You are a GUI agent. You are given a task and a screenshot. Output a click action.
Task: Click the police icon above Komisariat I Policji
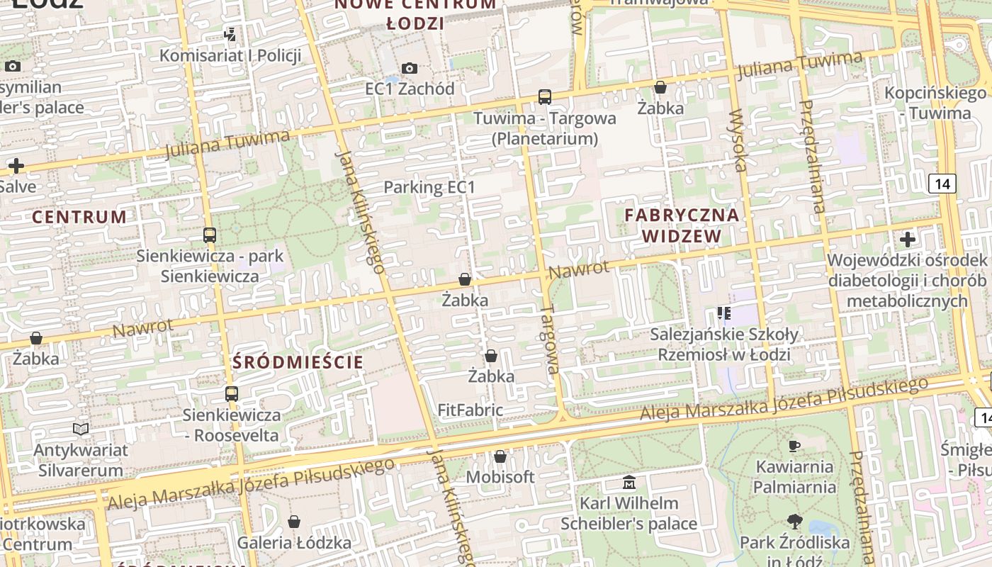(x=230, y=34)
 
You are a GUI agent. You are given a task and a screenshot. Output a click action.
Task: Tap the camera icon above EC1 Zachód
(x=410, y=69)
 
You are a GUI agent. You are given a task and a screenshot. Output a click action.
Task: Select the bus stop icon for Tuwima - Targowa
(x=545, y=97)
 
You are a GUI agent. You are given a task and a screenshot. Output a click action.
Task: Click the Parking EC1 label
(x=429, y=187)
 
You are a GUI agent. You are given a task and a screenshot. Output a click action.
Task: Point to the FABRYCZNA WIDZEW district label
(x=682, y=225)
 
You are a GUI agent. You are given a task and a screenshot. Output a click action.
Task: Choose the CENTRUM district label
(x=79, y=218)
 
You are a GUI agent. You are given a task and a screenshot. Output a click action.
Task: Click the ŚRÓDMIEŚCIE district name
(x=298, y=363)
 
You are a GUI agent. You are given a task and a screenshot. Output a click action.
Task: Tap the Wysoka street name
(x=738, y=140)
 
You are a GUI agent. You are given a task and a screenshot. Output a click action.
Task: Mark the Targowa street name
(x=550, y=339)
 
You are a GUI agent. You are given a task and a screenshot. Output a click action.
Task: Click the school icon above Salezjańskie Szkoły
(x=723, y=313)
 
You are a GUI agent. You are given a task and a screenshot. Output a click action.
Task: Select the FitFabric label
(x=470, y=410)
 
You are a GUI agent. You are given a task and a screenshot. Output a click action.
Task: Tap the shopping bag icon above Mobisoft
(x=500, y=457)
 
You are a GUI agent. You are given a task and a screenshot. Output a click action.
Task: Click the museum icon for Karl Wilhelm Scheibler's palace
(x=629, y=483)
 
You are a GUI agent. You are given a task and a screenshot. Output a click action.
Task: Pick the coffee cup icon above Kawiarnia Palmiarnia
(x=794, y=447)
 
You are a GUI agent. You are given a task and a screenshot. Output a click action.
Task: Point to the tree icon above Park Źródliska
(x=794, y=522)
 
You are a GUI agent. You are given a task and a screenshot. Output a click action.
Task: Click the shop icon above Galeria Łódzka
(x=294, y=522)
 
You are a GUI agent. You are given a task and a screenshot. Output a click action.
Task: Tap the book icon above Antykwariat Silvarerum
(x=81, y=430)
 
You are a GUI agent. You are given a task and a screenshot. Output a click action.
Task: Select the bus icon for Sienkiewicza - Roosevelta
(x=232, y=394)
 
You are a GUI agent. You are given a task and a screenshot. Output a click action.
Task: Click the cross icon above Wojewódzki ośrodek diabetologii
(x=907, y=240)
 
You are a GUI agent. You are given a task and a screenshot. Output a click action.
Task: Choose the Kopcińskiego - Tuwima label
(x=935, y=103)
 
